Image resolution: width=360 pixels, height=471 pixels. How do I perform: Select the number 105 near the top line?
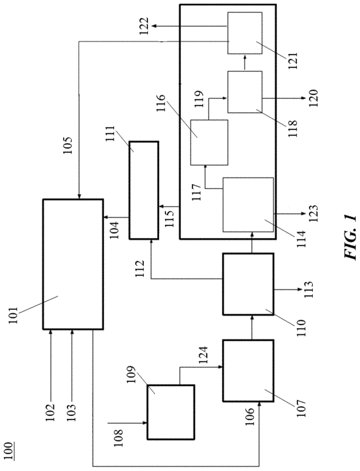point(68,146)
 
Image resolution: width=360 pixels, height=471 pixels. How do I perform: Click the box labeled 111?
point(143,190)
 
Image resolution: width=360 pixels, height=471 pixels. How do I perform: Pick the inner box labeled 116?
point(209,143)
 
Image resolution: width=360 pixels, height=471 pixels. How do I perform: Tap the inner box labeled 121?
point(245,33)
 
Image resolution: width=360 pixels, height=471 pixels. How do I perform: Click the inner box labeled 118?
point(245,92)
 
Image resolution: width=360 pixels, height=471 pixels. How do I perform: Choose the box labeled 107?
point(248,371)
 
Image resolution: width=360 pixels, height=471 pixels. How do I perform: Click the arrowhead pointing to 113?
point(300,290)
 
